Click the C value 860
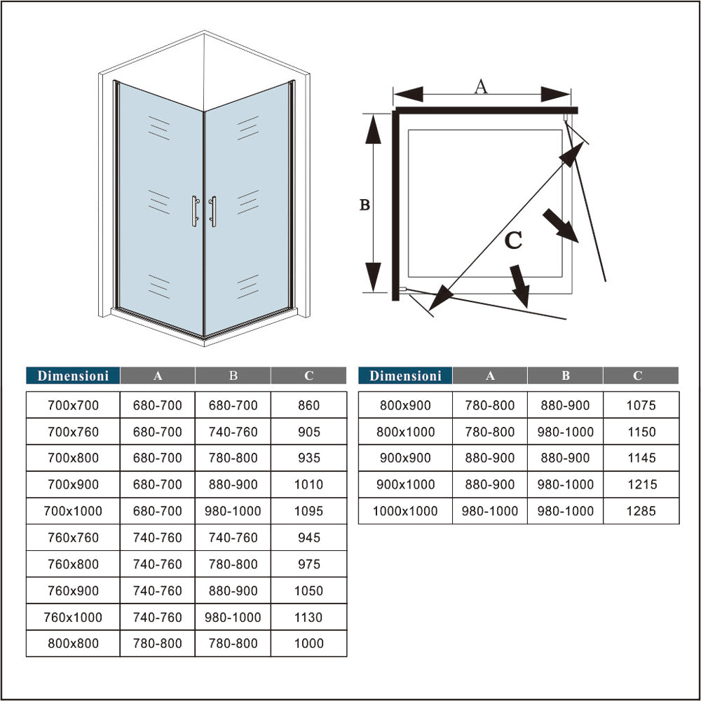308,405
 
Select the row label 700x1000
73,511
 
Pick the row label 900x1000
405,484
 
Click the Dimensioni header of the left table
73,376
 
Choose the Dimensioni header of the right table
405,376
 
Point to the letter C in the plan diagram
513,240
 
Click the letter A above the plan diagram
481,87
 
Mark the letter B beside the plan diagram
365,205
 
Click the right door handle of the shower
213,211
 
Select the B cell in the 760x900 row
233,590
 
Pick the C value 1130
308,617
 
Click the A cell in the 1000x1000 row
490,511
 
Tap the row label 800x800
73,643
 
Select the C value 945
308,538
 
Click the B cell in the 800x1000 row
565,432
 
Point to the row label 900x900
405,458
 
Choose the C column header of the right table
637,376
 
